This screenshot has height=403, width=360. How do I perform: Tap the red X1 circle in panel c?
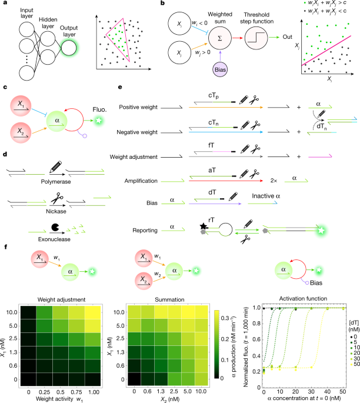pos(22,104)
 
